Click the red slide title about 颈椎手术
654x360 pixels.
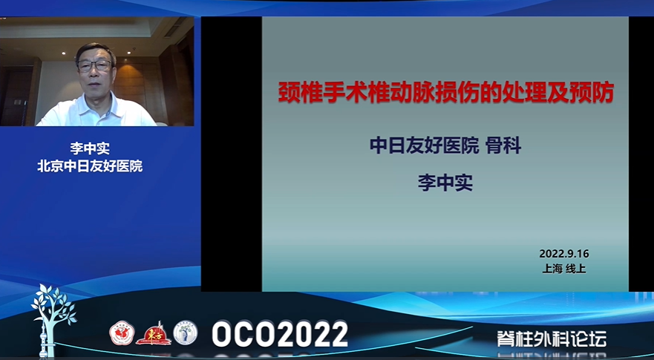coord(446,93)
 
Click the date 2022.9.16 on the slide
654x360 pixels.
coord(564,254)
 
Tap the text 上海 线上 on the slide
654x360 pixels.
coord(564,269)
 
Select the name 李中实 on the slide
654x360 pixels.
coord(445,183)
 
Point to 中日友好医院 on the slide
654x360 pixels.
coord(424,146)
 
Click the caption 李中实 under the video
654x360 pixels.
coord(90,148)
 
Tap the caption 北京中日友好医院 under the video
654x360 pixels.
coord(90,166)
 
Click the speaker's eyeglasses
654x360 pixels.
coord(95,65)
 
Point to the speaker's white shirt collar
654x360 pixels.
coord(97,104)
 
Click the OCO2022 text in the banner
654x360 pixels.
coord(280,334)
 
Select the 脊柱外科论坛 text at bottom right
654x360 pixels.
coord(552,338)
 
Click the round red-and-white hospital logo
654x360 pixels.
coord(122,333)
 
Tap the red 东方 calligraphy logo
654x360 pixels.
coord(154,334)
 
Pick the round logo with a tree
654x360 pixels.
coord(185,333)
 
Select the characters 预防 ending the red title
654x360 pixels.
coord(594,93)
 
